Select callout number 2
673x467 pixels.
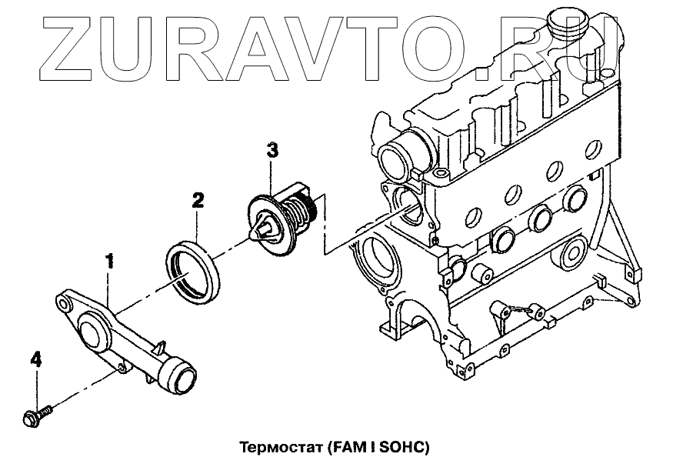click(x=198, y=202)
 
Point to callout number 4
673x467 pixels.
click(x=35, y=359)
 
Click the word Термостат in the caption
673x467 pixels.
click(x=279, y=447)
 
